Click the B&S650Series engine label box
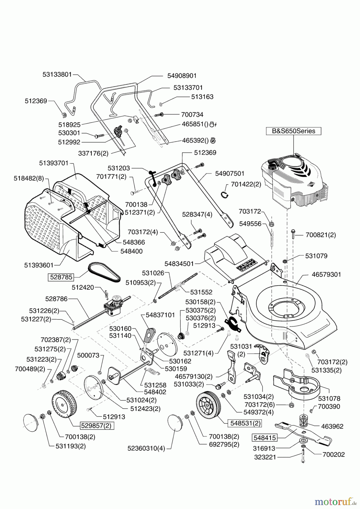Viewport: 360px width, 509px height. (x=293, y=131)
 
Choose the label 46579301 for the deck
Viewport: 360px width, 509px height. (x=326, y=274)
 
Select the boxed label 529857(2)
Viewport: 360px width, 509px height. (x=97, y=426)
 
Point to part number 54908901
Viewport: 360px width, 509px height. (x=182, y=76)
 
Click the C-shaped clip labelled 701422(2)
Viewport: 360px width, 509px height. (x=224, y=194)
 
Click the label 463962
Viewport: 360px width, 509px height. (x=332, y=426)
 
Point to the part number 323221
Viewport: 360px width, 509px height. (x=265, y=457)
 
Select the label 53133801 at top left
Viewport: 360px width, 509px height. (x=57, y=74)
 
